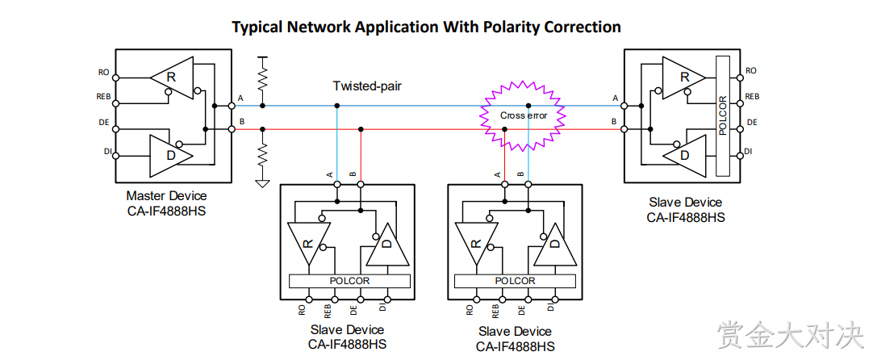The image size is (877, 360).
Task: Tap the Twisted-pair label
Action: tap(367, 86)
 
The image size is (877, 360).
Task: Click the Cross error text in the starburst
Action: tap(524, 115)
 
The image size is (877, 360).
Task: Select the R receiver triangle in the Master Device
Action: tap(172, 77)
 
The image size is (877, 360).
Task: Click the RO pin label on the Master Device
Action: tap(103, 72)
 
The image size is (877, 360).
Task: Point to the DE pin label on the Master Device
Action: tap(103, 122)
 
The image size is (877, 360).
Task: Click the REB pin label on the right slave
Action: tap(752, 96)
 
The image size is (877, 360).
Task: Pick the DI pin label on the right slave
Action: tap(749, 151)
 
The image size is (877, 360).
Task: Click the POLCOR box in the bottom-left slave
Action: tap(349, 281)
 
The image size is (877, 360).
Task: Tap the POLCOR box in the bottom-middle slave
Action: tap(515, 281)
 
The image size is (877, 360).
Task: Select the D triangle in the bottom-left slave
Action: tap(387, 244)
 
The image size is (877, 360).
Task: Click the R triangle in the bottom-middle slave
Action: tap(476, 244)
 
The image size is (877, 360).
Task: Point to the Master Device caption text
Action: tap(166, 196)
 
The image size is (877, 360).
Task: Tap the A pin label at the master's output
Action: tap(240, 98)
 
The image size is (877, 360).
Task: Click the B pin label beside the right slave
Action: tap(614, 121)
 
